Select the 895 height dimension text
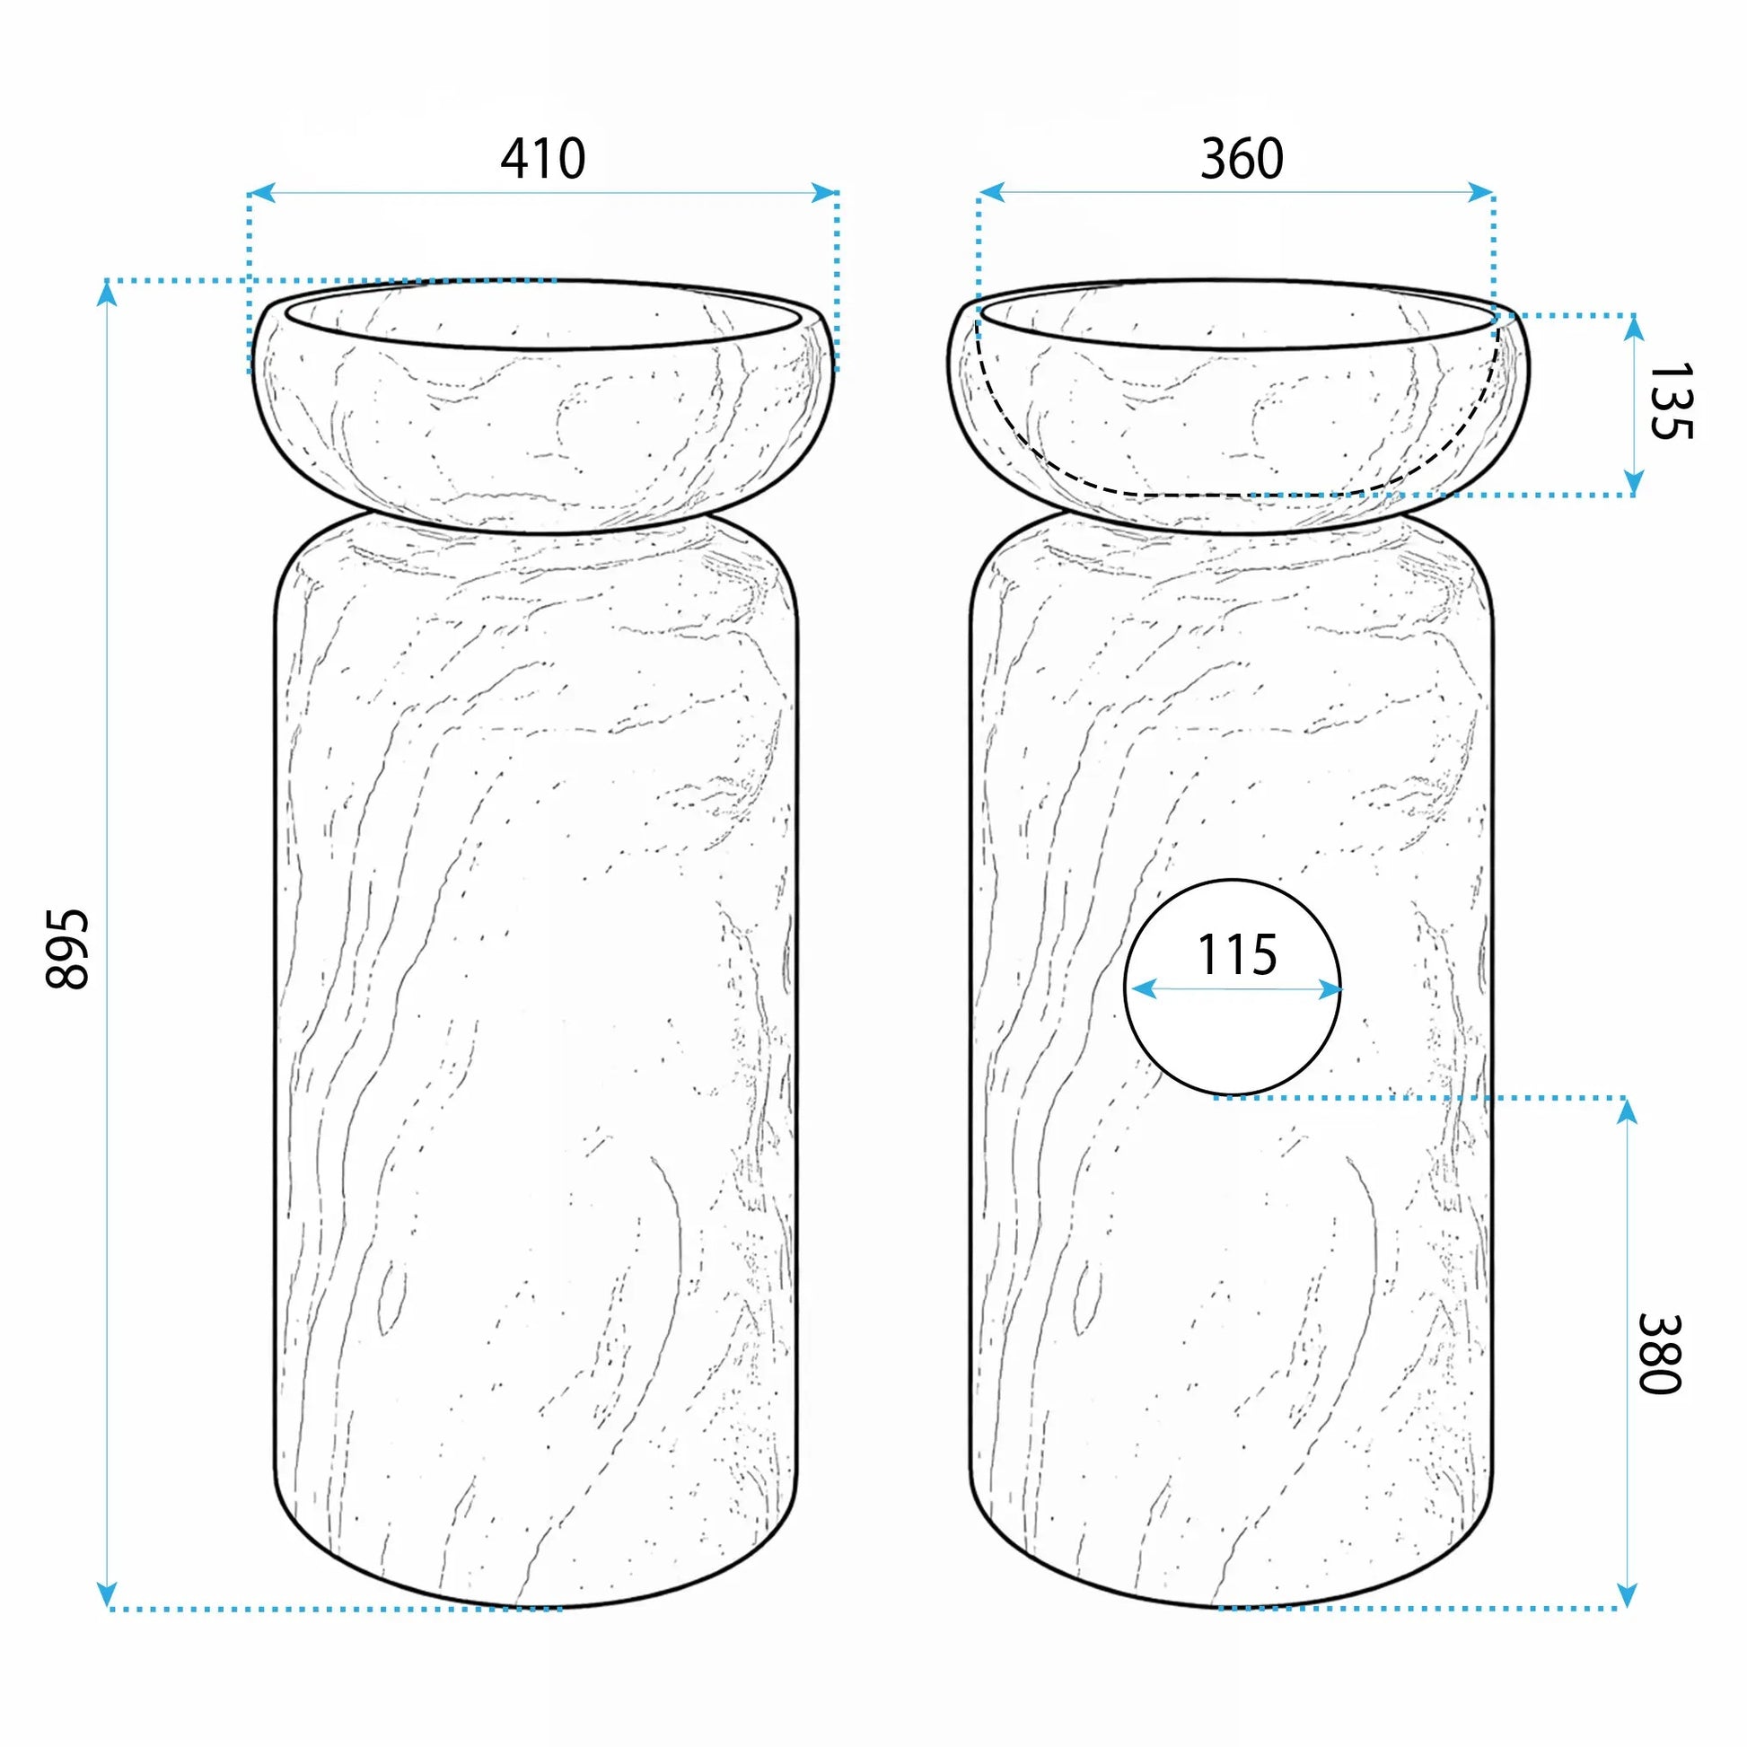tap(67, 950)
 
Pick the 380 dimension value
tap(1659, 1354)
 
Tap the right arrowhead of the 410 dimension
tap(825, 192)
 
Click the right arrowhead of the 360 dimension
tap(1480, 192)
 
